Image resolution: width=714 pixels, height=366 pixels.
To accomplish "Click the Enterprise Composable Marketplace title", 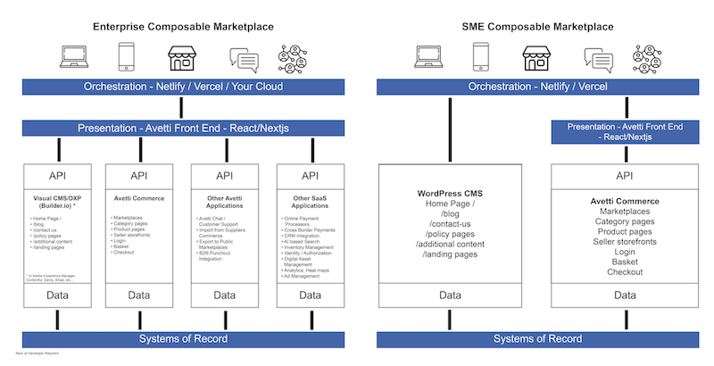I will (183, 27).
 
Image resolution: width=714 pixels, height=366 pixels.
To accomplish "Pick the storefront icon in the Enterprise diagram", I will (182, 59).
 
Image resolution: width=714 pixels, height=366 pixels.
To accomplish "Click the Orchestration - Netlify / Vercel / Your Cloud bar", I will (183, 87).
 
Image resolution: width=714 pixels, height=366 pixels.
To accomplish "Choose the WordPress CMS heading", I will (450, 194).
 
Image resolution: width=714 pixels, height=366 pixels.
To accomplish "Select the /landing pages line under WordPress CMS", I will (449, 255).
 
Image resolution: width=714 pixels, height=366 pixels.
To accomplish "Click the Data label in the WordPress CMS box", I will (450, 295).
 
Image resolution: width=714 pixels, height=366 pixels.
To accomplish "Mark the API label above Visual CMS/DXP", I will (57, 176).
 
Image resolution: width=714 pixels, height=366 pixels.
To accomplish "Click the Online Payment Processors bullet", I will (311, 223).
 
